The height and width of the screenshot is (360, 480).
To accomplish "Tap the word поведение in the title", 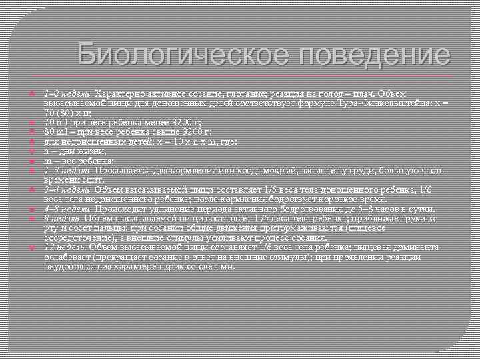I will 371,53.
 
